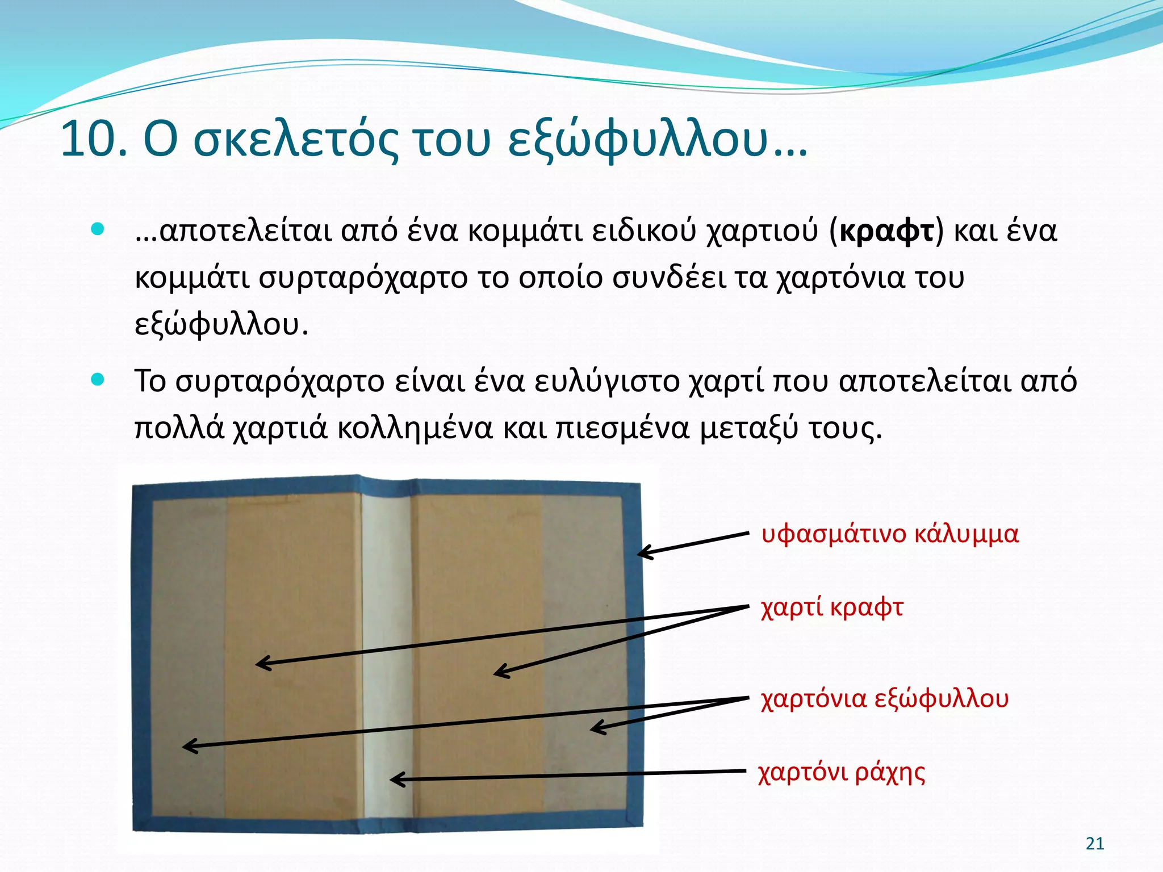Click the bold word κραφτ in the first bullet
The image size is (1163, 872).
(886, 231)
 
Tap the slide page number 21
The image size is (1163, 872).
(1095, 844)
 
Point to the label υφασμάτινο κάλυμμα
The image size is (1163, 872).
(890, 535)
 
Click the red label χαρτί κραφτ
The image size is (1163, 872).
(832, 607)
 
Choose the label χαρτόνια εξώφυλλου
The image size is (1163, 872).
(884, 699)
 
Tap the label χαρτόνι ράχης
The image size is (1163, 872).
(841, 773)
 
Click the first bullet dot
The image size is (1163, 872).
(98, 229)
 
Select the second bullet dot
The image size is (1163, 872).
(98, 380)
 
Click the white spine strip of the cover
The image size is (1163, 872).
(387, 653)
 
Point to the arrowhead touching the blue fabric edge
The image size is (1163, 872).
(642, 552)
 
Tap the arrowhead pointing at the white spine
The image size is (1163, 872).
(395, 779)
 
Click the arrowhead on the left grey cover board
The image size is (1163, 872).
(187, 746)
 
